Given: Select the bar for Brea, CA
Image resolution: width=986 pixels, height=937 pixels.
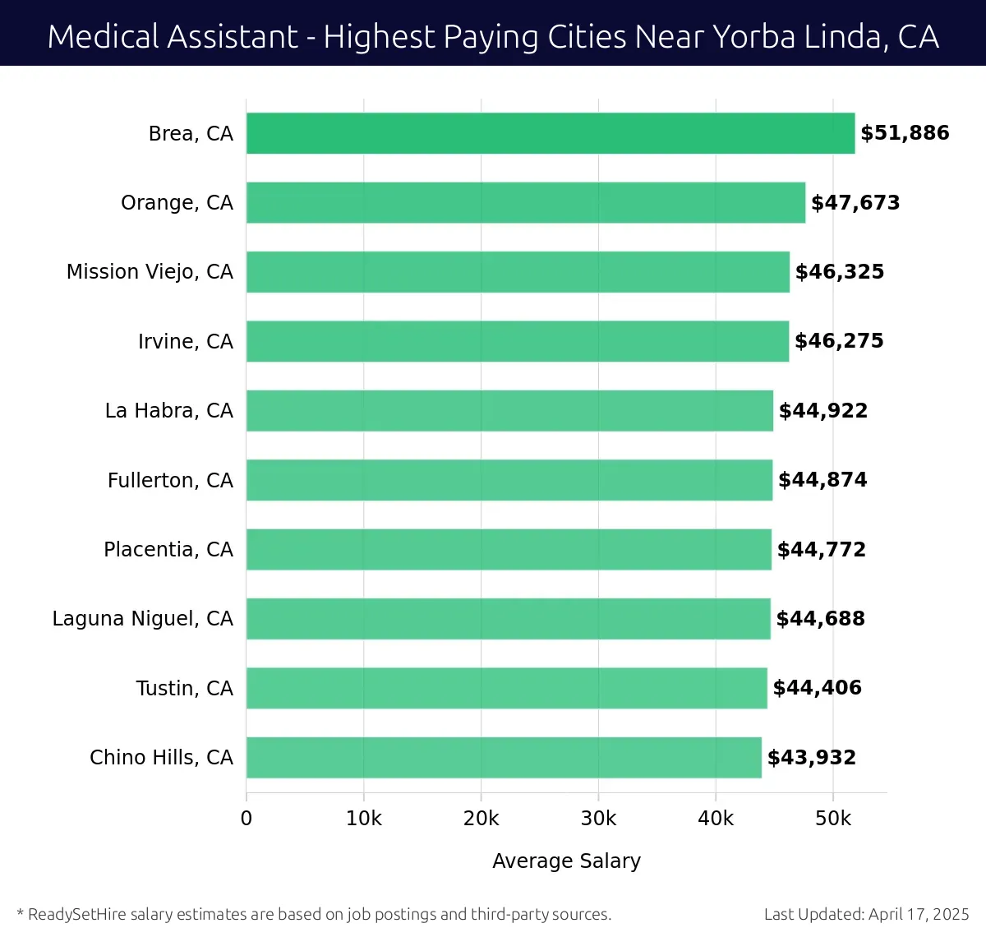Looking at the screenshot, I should [x=551, y=133].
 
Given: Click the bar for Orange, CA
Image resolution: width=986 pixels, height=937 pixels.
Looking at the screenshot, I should [x=526, y=203].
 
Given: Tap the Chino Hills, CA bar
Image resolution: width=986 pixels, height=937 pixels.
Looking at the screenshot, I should [x=504, y=758].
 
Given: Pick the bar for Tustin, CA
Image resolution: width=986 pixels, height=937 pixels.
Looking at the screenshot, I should [x=507, y=688].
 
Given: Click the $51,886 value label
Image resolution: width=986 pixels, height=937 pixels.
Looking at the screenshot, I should [x=905, y=133].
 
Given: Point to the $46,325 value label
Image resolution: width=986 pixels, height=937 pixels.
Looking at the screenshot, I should [x=840, y=272].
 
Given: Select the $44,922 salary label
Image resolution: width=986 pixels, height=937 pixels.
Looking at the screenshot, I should [x=823, y=411].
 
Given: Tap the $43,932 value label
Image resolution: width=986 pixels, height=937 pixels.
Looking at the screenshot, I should [x=812, y=758].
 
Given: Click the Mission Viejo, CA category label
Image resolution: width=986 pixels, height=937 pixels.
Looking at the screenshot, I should [x=150, y=272].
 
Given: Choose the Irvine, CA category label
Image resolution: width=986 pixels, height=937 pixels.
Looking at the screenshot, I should [x=186, y=341].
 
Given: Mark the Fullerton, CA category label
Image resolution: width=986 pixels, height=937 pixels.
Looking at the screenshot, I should [x=170, y=480].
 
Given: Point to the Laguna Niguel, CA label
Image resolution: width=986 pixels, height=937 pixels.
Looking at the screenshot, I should [x=143, y=619].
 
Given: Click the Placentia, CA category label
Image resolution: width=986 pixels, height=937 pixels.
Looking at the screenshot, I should [x=168, y=549].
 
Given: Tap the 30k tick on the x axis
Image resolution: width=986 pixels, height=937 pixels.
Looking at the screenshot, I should [x=598, y=819].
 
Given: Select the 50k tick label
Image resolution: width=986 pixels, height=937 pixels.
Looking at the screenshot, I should [x=833, y=819].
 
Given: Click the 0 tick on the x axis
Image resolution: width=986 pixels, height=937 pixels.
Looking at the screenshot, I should [x=246, y=819].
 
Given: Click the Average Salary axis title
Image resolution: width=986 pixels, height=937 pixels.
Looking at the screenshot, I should [x=566, y=861].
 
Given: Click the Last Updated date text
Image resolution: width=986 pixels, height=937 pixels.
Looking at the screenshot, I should [x=866, y=914].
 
